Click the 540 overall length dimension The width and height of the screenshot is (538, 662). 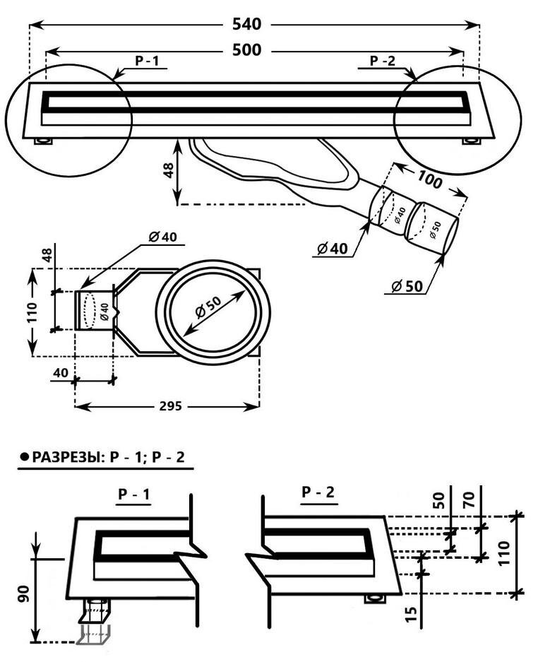click(x=246, y=25)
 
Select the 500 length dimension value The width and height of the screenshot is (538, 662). click(x=246, y=50)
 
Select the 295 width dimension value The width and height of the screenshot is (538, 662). click(x=169, y=406)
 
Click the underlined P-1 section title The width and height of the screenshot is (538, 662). click(x=134, y=495)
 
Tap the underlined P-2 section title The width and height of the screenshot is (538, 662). click(x=318, y=492)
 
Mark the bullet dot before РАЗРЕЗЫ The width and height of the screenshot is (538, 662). click(x=24, y=457)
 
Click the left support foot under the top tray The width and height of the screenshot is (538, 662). click(x=44, y=141)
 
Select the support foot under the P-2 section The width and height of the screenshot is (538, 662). click(x=375, y=599)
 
